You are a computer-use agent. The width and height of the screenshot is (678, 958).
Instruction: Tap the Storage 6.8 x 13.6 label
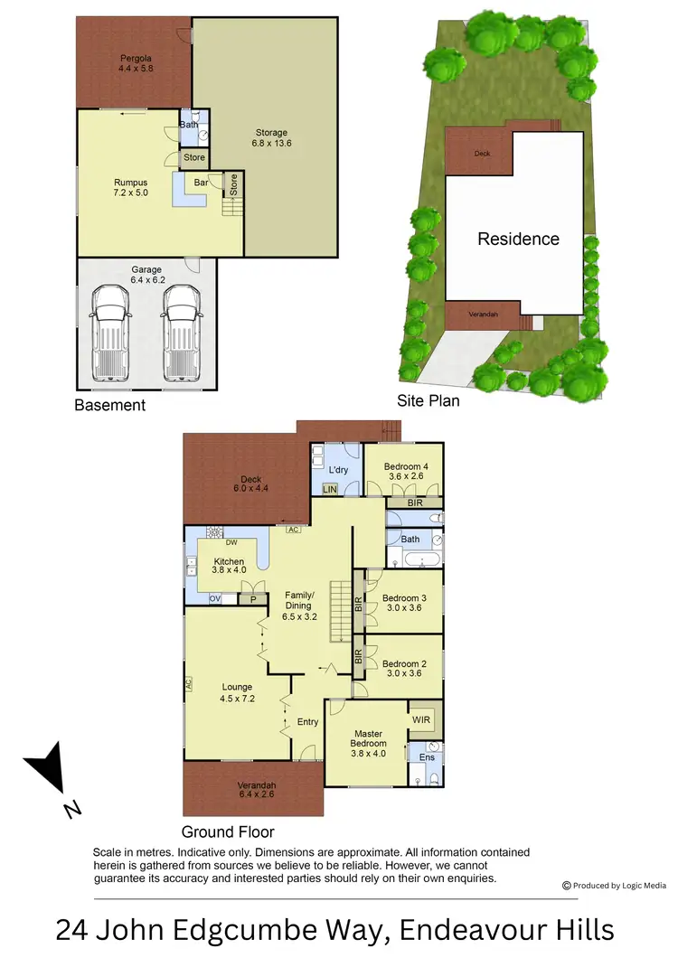coord(270,138)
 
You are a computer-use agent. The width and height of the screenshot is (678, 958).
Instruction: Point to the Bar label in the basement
coord(202,183)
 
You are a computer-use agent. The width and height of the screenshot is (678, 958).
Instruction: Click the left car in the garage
coord(112,330)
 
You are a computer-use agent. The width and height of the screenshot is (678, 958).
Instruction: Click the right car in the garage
coord(181,330)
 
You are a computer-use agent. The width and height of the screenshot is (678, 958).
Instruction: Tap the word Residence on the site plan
coord(518,239)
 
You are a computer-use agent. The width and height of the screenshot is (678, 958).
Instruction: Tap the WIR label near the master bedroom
coord(421,719)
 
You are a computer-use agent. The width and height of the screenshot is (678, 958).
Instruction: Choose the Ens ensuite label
coord(427,756)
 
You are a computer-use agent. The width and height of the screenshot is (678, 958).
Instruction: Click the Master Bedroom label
coord(367,739)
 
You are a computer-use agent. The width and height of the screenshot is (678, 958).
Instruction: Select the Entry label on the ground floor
coord(308,722)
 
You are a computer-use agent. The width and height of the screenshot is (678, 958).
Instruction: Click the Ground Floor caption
coord(228,831)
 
